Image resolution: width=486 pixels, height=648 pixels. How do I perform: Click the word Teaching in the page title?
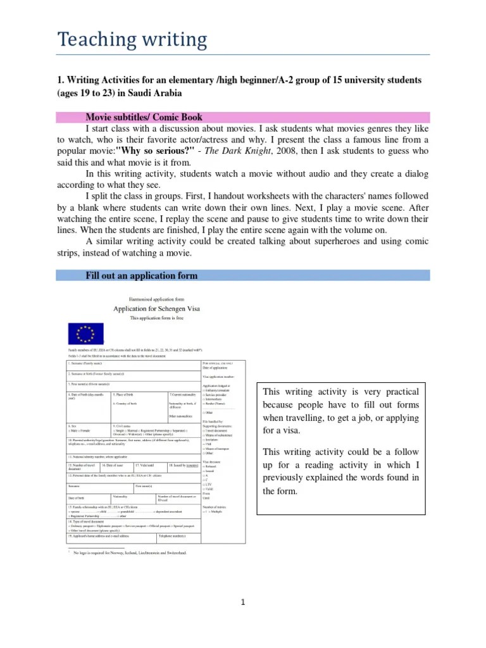[96, 40]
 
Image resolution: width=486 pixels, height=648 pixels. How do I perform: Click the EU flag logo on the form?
[85, 333]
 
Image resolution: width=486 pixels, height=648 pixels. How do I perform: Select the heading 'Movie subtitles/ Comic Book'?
[144, 117]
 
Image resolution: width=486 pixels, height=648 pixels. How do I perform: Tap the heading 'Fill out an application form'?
[142, 275]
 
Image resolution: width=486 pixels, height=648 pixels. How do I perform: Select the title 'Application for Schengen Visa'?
[156, 309]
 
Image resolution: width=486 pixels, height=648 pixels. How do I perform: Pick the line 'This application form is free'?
[156, 318]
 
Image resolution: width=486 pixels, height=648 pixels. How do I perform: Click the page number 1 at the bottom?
[242, 602]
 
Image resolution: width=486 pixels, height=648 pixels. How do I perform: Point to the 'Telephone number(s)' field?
[172, 536]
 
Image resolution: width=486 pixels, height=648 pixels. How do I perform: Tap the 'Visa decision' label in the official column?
[212, 461]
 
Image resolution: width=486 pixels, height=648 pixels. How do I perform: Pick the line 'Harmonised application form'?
[156, 298]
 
